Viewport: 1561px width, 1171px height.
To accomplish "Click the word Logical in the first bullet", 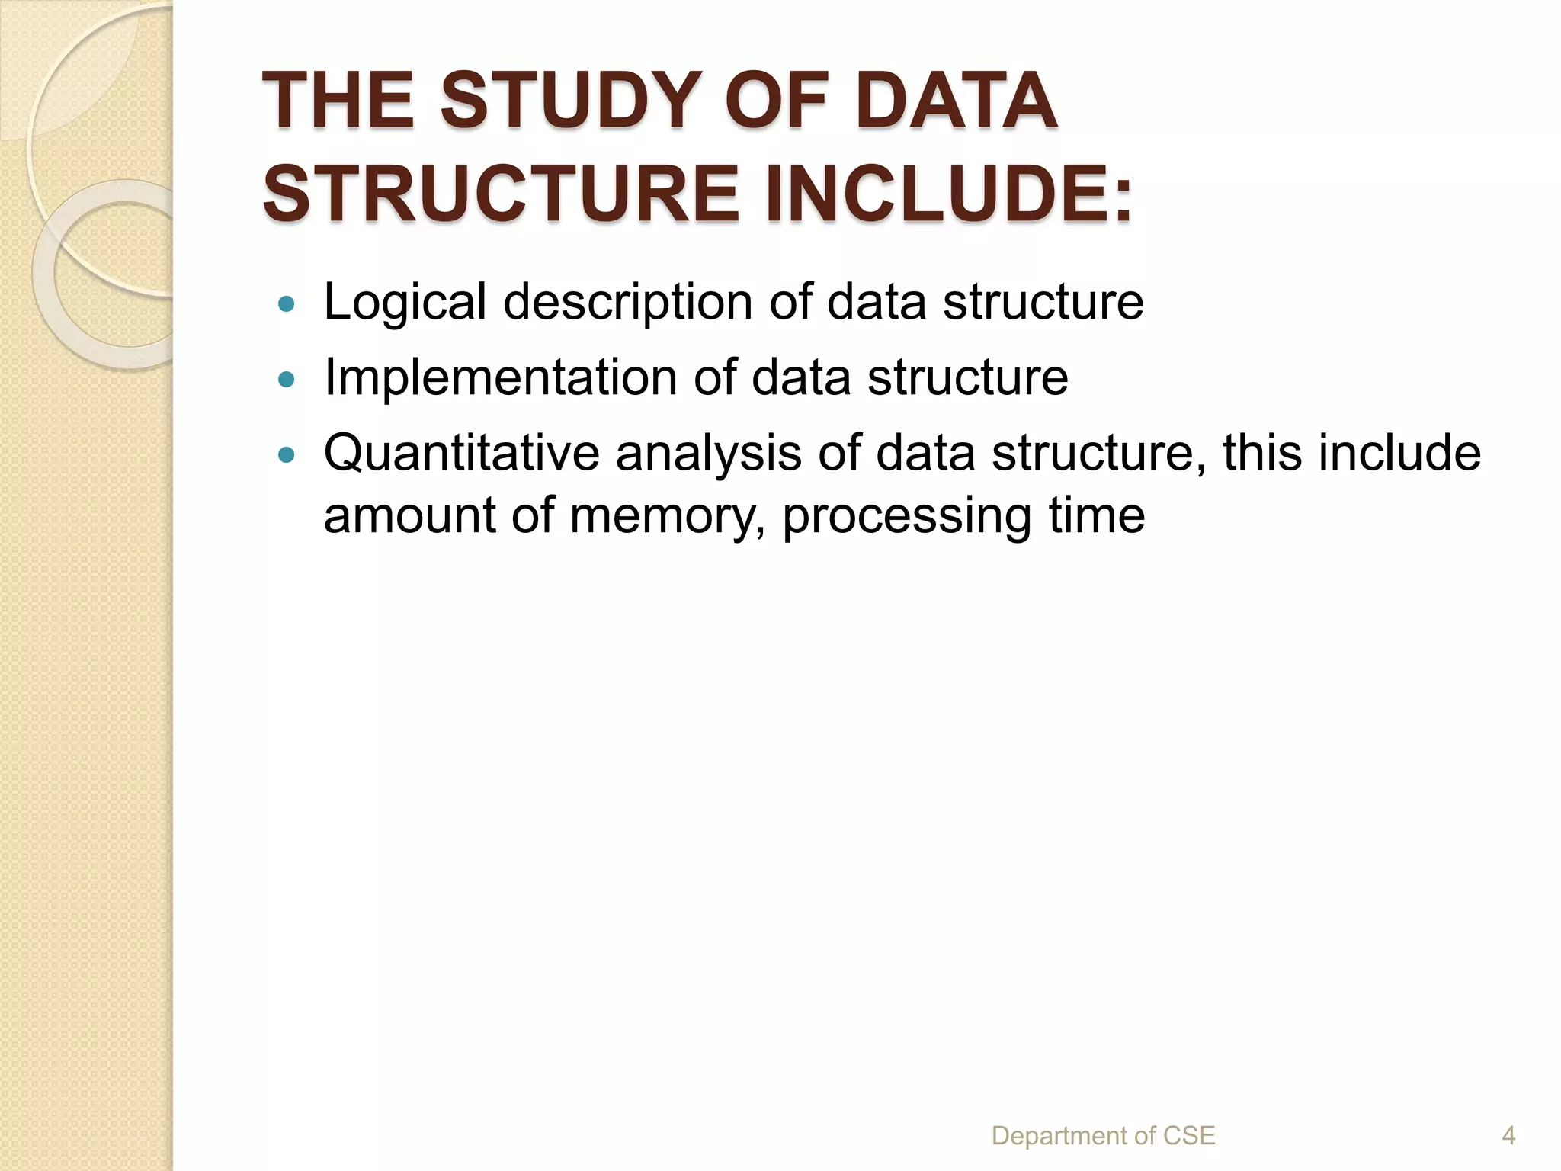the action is (x=405, y=303).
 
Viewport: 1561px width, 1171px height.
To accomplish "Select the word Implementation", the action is (x=501, y=377).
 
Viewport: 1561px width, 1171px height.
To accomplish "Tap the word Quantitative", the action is (x=462, y=454).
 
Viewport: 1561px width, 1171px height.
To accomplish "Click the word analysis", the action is (x=708, y=454).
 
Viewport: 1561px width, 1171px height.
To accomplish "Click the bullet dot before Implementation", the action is (x=287, y=379).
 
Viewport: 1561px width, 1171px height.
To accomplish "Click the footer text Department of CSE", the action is (x=1103, y=1136).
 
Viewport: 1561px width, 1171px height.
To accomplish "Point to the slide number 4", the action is (x=1508, y=1136).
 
